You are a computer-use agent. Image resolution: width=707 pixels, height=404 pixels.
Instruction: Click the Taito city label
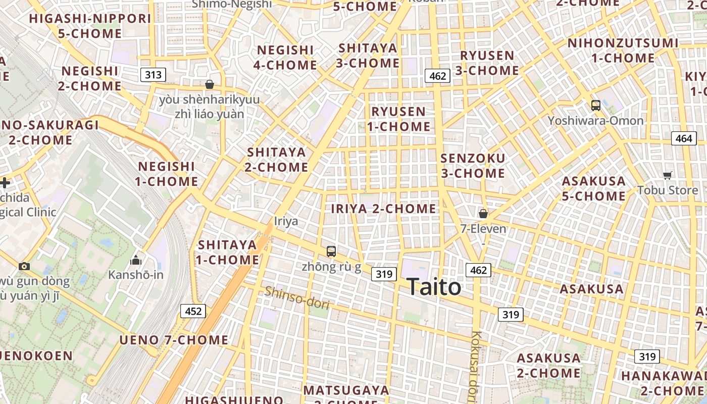[x=433, y=287]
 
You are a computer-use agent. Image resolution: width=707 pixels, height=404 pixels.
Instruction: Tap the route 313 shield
[x=153, y=75]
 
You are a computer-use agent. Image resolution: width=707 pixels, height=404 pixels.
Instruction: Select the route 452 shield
[x=193, y=311]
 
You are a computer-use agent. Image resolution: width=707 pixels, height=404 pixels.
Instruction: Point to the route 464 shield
[x=683, y=138]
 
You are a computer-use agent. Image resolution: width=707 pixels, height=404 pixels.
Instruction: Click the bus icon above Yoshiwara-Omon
[x=596, y=106]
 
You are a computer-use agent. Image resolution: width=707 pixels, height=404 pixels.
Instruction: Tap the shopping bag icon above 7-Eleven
[x=483, y=214]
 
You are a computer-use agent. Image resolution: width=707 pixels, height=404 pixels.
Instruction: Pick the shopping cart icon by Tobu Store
[x=668, y=175]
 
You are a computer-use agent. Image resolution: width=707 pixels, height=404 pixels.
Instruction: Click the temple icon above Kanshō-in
[x=135, y=261]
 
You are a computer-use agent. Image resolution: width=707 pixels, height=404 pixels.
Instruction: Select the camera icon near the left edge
[x=24, y=266]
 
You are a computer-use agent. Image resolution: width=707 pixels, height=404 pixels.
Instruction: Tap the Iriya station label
[x=286, y=221]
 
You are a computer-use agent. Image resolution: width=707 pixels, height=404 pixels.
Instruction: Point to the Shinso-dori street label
[x=297, y=298]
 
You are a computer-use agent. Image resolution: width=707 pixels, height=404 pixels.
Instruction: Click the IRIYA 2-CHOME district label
[x=383, y=209]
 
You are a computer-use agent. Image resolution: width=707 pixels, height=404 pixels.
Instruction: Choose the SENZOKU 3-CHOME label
[x=473, y=166]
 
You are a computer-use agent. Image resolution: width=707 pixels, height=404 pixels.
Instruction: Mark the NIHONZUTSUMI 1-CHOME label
[x=623, y=50]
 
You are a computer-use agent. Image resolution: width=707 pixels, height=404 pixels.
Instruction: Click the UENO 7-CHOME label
[x=174, y=340]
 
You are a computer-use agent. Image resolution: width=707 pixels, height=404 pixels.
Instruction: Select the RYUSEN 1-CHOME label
[x=398, y=119]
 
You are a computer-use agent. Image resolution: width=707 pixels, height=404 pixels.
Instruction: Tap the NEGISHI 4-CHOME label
[x=285, y=58]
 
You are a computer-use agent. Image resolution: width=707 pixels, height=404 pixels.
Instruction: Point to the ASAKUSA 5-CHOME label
[x=593, y=188]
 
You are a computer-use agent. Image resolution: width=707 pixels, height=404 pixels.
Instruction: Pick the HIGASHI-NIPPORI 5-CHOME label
[x=90, y=26]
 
